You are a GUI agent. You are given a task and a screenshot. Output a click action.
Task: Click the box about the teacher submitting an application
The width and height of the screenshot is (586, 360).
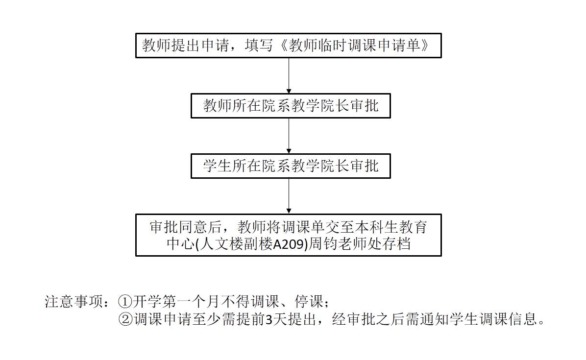pos(289,46)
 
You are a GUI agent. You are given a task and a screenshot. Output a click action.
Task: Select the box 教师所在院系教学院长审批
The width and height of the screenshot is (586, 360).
pos(291,105)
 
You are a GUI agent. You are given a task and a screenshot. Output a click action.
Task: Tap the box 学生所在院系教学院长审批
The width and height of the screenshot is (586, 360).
pos(291,166)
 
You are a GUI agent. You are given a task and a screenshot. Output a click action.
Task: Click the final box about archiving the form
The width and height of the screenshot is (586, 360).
pos(289,235)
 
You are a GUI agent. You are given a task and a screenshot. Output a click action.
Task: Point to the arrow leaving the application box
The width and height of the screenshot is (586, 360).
pos(289,75)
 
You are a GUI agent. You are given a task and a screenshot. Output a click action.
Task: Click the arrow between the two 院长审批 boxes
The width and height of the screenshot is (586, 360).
pos(289,135)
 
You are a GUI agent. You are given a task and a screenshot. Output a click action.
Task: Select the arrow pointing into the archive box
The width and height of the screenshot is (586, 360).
pos(289,195)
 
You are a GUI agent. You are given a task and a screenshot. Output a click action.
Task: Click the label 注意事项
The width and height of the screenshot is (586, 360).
pos(74,301)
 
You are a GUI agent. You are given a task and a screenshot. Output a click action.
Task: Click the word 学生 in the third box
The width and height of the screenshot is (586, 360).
pos(216,166)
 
